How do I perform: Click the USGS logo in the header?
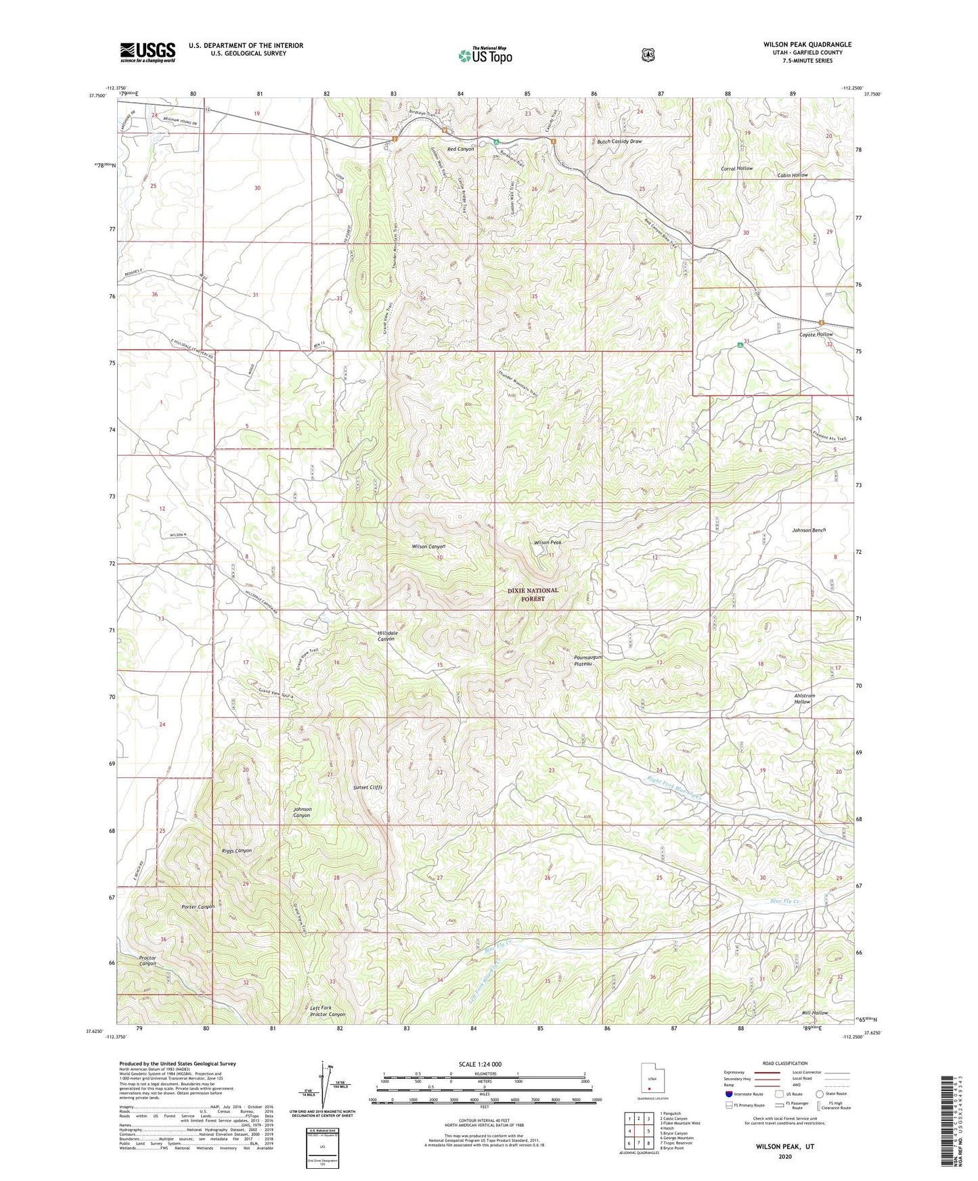point(148,51)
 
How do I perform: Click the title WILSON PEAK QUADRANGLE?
point(807,45)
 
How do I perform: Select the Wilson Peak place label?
point(548,542)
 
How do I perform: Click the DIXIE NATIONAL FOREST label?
point(533,594)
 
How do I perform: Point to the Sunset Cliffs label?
point(368,787)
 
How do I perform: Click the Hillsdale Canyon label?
point(386,636)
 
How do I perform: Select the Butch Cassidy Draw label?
point(619,141)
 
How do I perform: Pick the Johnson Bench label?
point(809,530)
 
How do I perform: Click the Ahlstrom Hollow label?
point(803,699)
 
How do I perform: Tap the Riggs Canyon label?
point(237,850)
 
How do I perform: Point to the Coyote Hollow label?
point(816,334)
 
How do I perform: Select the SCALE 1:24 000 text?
point(480,1064)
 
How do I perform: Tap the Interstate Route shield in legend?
point(728,1094)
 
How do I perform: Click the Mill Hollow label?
point(814,1013)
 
